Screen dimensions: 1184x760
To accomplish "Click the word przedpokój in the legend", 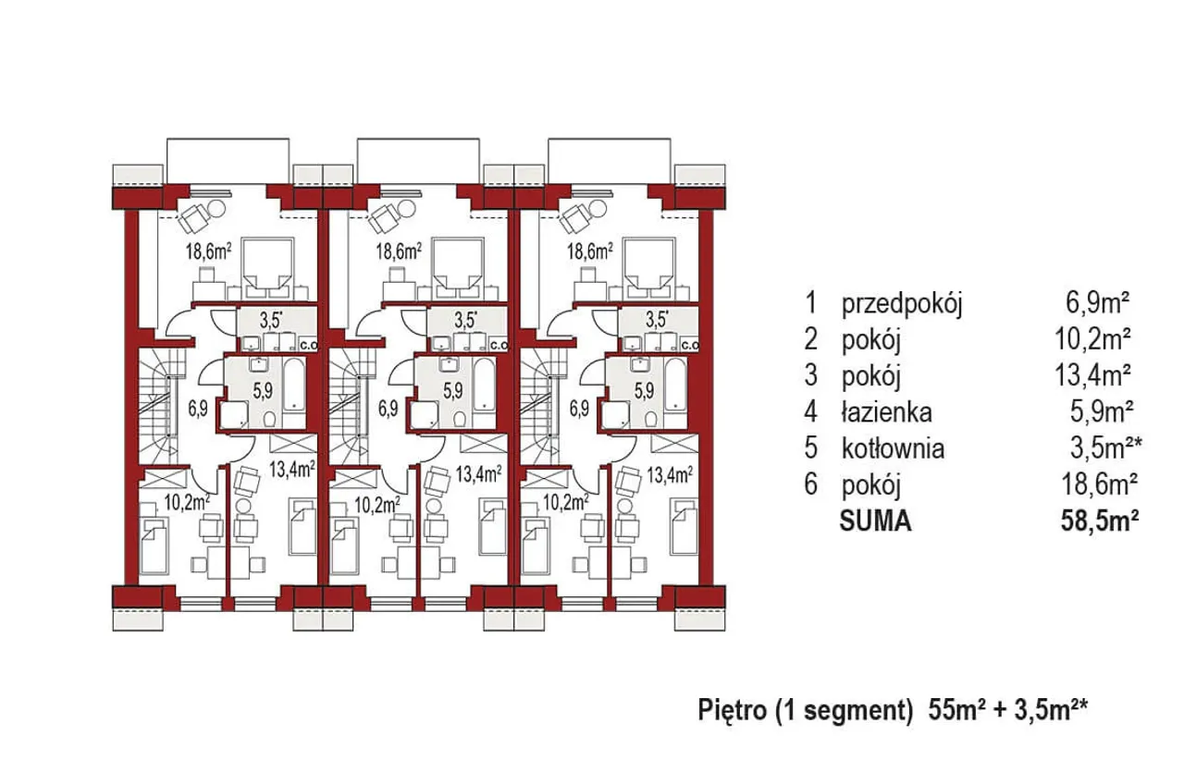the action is click(902, 305).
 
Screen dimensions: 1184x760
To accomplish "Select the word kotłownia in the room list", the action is click(893, 448).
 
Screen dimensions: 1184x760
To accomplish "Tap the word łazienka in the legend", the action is click(886, 412).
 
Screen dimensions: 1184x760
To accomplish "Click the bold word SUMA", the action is click(875, 521).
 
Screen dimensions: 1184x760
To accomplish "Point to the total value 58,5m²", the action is click(1100, 521).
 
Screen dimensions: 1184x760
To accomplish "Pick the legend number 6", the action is click(810, 484).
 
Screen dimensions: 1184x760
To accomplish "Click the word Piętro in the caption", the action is click(733, 711).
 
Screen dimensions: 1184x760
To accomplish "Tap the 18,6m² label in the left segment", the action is click(208, 251).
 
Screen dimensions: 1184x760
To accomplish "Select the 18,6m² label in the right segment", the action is click(590, 251).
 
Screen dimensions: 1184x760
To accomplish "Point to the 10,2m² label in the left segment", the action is click(188, 502).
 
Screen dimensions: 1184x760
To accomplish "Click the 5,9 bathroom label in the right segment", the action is click(644, 391).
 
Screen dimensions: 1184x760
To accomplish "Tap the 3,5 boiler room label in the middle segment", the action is click(466, 320).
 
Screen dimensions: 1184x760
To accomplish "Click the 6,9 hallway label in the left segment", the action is click(197, 409).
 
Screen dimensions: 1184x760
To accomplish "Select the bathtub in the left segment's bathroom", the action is click(294, 386).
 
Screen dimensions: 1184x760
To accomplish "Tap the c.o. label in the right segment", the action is click(691, 346).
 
